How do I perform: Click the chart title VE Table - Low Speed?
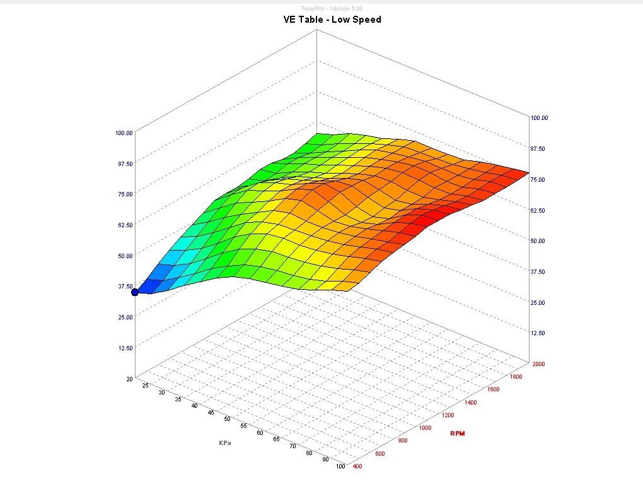332,20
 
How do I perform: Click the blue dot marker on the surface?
135,292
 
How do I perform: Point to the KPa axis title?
224,442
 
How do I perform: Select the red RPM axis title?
458,434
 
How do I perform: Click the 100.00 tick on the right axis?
540,118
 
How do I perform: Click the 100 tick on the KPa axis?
340,466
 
